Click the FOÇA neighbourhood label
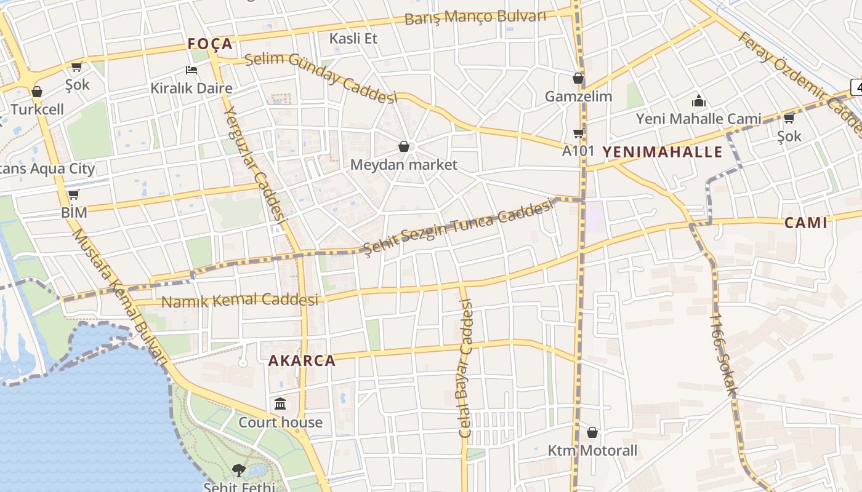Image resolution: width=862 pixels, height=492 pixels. point(210,44)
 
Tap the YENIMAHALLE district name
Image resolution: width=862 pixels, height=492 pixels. point(662,152)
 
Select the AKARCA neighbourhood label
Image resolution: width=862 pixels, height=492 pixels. point(302,360)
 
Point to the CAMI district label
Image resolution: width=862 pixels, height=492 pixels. point(805,223)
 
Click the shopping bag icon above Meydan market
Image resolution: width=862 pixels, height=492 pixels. point(404,146)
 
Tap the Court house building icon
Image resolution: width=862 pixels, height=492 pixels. point(281,404)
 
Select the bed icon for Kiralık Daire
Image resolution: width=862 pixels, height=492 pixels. point(191,70)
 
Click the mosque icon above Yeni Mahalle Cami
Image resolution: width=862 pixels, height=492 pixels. point(699,101)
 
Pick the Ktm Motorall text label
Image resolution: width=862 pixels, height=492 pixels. point(592,450)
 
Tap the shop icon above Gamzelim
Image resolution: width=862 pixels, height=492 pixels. point(578,78)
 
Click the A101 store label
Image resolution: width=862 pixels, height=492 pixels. point(578,150)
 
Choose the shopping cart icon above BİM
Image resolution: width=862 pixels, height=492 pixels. point(74,195)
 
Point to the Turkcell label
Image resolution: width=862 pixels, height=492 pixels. point(37,109)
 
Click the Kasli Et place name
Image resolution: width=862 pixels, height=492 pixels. point(353,38)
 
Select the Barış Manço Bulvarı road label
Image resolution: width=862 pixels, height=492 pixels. point(475,17)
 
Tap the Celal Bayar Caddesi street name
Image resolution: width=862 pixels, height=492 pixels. point(465,368)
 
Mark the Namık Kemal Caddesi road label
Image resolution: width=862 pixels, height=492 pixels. point(240,301)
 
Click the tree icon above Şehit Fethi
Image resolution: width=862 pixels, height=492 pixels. point(238,470)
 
